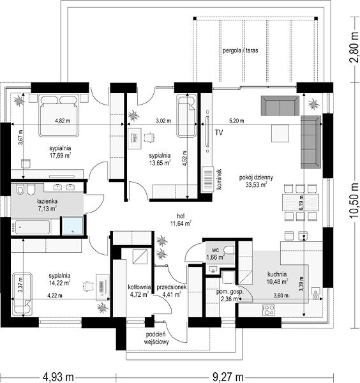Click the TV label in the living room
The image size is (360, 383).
(219, 133)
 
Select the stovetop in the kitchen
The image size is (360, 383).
(269, 310)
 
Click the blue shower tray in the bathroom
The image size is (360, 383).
(73, 226)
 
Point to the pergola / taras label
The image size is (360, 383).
(240, 51)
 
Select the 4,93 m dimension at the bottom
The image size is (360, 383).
(58, 377)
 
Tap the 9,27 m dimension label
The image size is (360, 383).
(228, 377)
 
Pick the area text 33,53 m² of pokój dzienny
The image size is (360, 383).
(256, 184)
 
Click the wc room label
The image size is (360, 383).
(215, 250)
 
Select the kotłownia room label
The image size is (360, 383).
(139, 287)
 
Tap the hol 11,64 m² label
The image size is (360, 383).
(181, 220)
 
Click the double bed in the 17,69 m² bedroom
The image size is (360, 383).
(59, 115)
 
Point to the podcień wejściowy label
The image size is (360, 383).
(156, 338)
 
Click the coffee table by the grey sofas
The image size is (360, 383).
(280, 133)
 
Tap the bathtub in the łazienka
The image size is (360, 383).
(33, 227)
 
